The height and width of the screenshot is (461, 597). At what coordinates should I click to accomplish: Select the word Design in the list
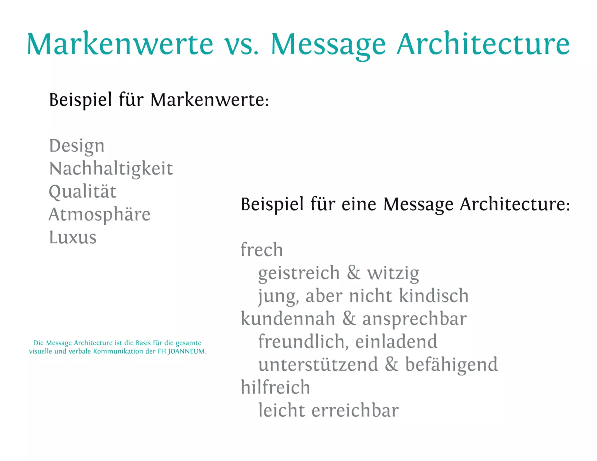tap(77, 146)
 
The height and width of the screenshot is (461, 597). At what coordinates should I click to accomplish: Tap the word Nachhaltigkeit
tap(111, 169)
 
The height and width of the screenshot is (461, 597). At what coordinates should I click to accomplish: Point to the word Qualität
tap(82, 192)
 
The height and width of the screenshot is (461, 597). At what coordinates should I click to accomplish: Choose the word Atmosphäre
tap(99, 215)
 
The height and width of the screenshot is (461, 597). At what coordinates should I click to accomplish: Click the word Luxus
tap(73, 237)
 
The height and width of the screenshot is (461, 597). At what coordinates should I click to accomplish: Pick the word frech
tap(261, 250)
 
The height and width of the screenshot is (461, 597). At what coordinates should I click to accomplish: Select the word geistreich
tap(299, 273)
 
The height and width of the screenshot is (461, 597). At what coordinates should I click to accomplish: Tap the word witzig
tap(393, 273)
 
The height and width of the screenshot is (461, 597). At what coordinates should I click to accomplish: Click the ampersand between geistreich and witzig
tap(353, 273)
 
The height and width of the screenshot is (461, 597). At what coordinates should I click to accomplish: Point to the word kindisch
tap(433, 296)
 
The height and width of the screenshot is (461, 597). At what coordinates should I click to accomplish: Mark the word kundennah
tap(288, 319)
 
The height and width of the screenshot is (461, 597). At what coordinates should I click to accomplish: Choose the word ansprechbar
tap(414, 319)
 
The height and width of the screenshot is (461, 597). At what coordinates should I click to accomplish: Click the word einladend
tap(396, 342)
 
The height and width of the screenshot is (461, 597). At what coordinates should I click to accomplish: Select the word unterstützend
tap(318, 365)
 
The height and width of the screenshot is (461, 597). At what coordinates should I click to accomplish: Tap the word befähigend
tap(451, 365)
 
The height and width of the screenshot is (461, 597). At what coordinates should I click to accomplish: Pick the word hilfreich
tap(275, 388)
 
